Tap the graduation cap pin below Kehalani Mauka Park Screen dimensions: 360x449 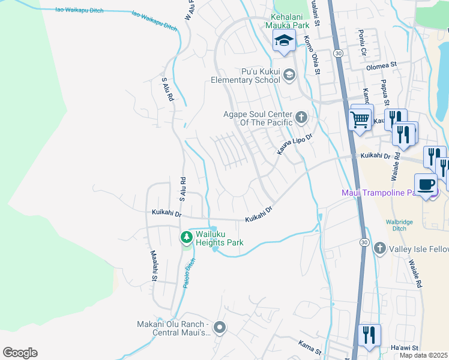[x=283, y=41]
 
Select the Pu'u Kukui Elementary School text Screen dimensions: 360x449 [x=245, y=76]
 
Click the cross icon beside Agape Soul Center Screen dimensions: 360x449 [x=301, y=116]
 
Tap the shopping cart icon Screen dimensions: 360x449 [x=360, y=119]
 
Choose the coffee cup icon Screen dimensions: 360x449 [x=426, y=185]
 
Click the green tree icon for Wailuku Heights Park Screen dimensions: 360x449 [x=187, y=238]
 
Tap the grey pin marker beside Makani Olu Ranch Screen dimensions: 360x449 [x=220, y=328]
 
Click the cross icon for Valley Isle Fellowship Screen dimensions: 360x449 [x=379, y=248]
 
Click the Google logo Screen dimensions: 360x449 [x=20, y=353]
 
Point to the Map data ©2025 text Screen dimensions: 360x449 [x=423, y=355]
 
